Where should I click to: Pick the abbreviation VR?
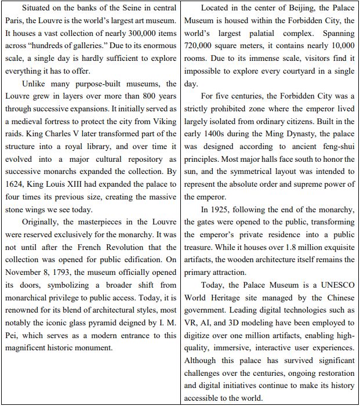(x=192, y=324)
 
